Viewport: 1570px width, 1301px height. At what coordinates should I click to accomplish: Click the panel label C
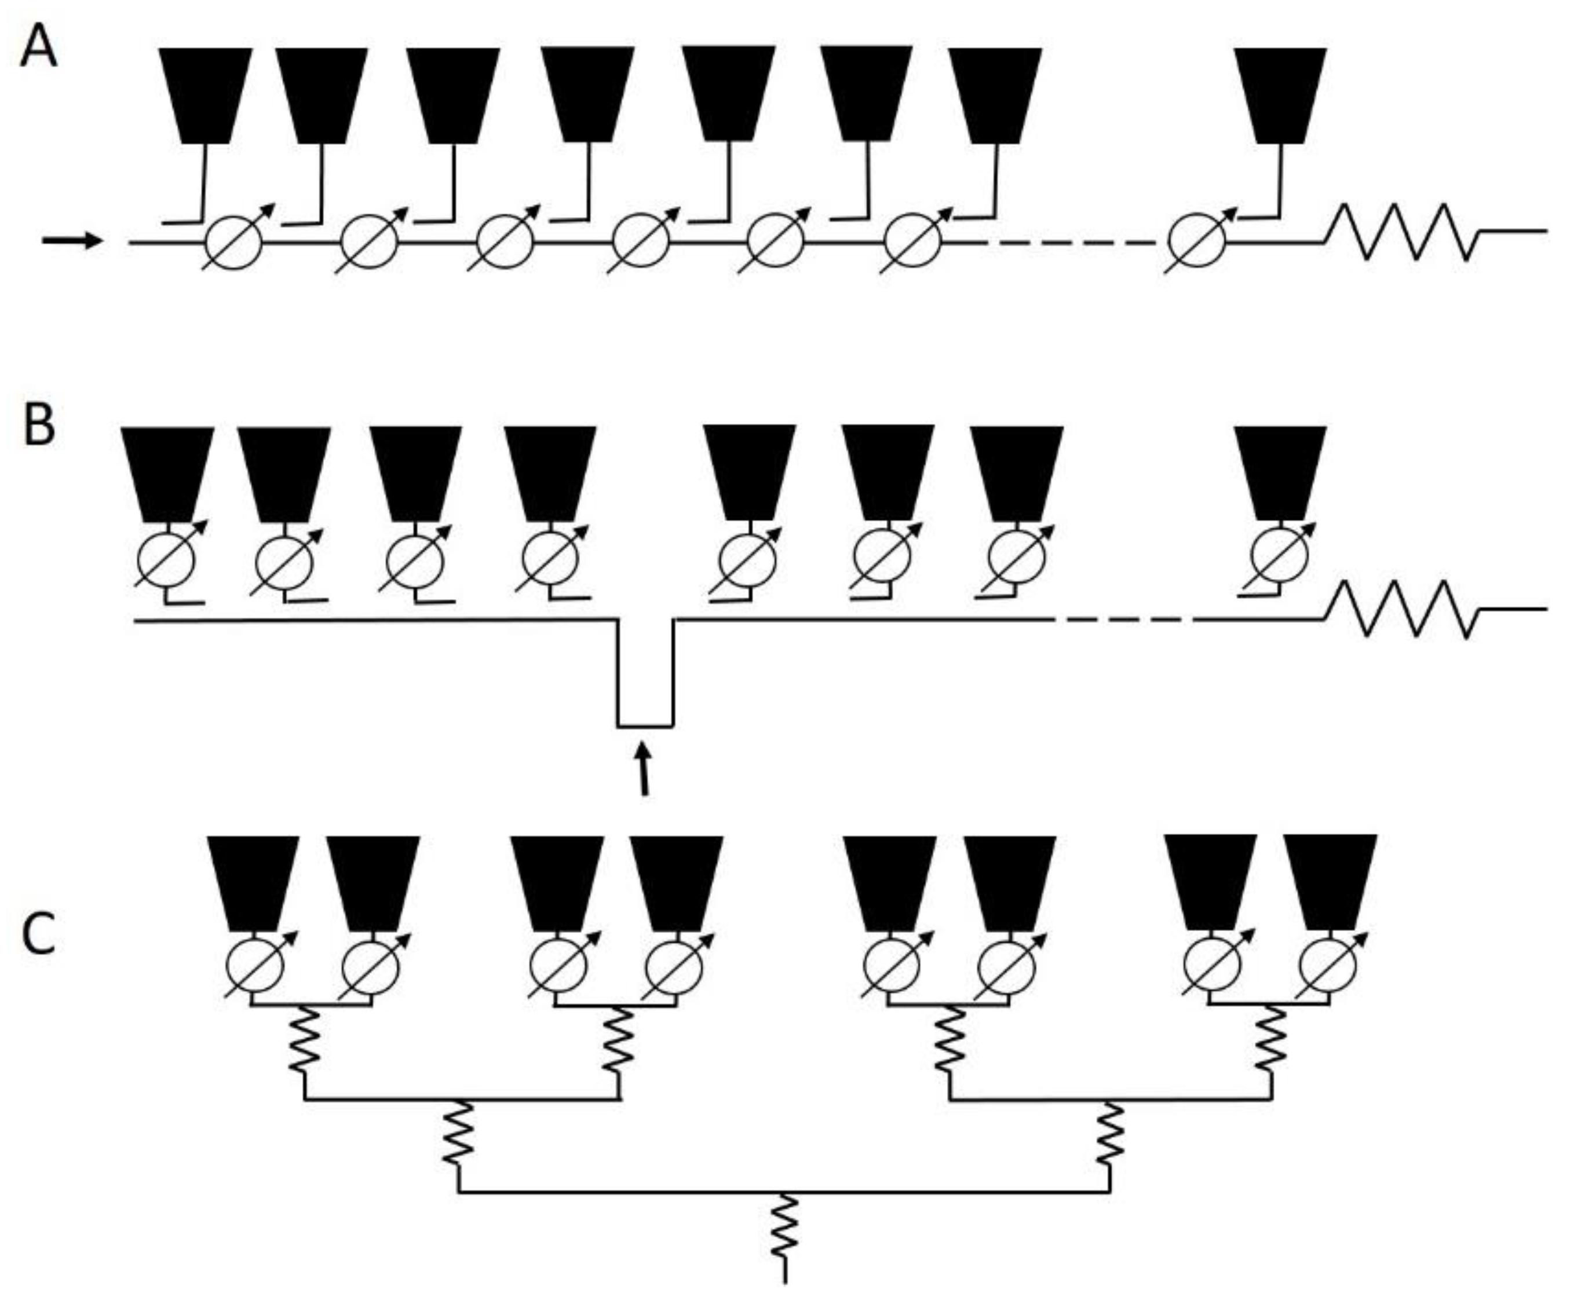coord(38,934)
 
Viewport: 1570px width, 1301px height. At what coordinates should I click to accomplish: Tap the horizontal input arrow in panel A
coord(72,241)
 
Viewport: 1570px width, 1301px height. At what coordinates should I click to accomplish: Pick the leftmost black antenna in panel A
coord(206,93)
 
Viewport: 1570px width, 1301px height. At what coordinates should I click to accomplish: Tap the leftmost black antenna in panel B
coord(167,472)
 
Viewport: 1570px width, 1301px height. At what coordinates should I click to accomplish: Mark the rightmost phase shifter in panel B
coord(1280,557)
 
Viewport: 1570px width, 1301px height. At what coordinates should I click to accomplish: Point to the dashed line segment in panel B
coord(1122,620)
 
